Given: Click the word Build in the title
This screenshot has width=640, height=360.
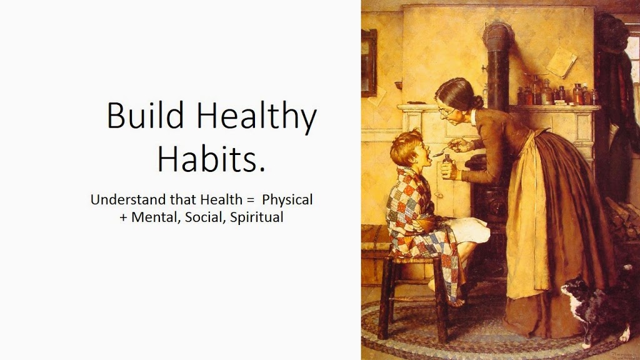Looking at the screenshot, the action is (145, 116).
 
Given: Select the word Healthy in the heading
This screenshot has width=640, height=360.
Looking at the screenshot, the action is (257, 117).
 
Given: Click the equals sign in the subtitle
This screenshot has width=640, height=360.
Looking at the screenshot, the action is (250, 201).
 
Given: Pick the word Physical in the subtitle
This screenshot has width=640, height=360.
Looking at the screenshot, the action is (287, 200).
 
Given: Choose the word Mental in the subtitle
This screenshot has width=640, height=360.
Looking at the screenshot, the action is (156, 217).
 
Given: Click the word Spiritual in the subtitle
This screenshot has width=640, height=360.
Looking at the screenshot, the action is (257, 217).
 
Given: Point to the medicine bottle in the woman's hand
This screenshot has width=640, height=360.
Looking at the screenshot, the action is (447, 166).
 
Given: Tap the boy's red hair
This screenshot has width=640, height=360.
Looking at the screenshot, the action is (405, 145).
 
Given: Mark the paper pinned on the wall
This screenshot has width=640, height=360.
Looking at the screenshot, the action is (562, 62).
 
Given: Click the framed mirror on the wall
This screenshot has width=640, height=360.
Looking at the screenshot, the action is (369, 63).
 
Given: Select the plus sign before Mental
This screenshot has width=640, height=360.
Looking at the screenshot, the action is (123, 217).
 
